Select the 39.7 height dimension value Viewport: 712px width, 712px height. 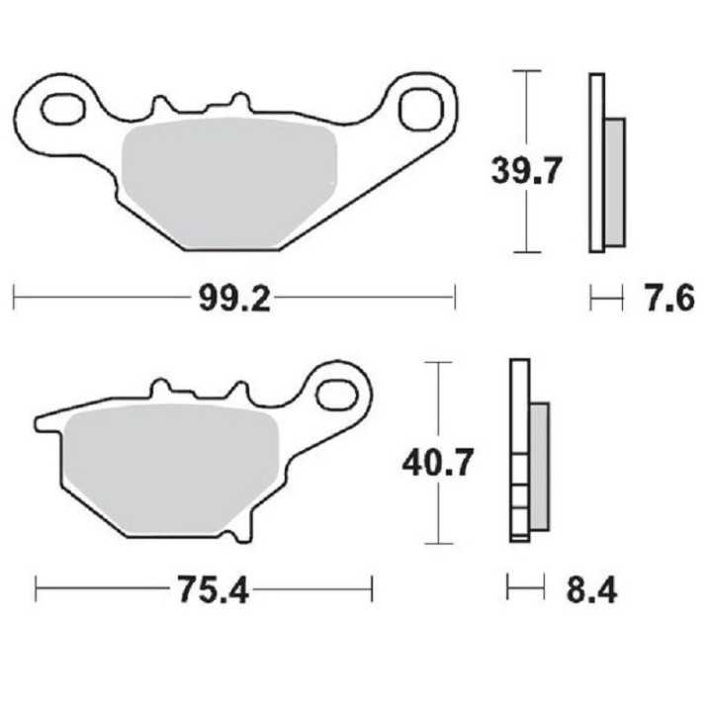[x=527, y=170]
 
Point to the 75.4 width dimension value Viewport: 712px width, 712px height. [x=207, y=591]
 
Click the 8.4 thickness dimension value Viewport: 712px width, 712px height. [x=591, y=591]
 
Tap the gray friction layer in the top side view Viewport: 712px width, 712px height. [x=614, y=182]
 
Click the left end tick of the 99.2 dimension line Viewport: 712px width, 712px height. [x=14, y=297]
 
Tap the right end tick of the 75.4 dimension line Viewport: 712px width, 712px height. [x=372, y=590]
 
